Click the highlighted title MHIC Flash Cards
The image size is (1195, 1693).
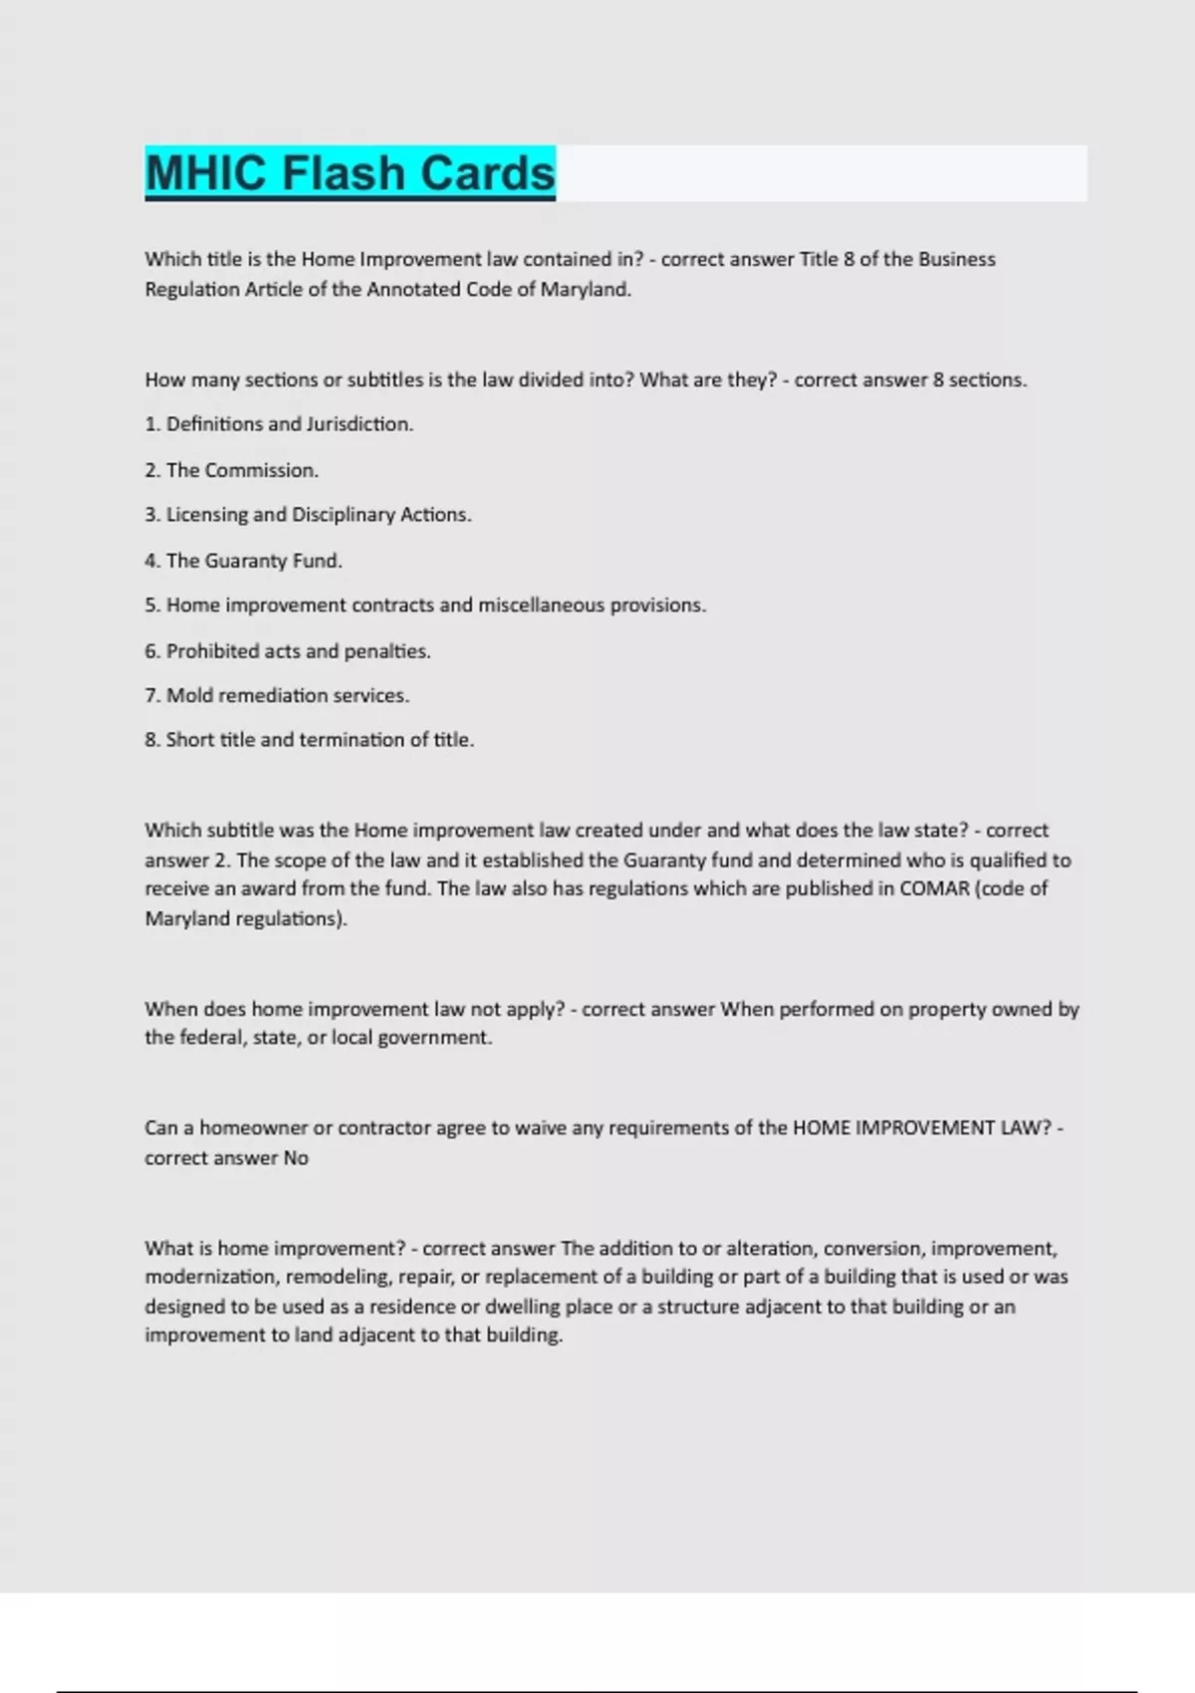[x=350, y=173]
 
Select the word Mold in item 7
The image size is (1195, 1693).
[x=189, y=696]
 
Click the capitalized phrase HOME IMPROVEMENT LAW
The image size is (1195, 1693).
[x=921, y=1128]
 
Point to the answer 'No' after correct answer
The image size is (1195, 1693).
[x=296, y=1158]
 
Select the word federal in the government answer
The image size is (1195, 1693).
[x=208, y=1038]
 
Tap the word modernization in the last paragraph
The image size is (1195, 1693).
[x=210, y=1277]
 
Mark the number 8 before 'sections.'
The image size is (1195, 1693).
[x=938, y=380]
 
